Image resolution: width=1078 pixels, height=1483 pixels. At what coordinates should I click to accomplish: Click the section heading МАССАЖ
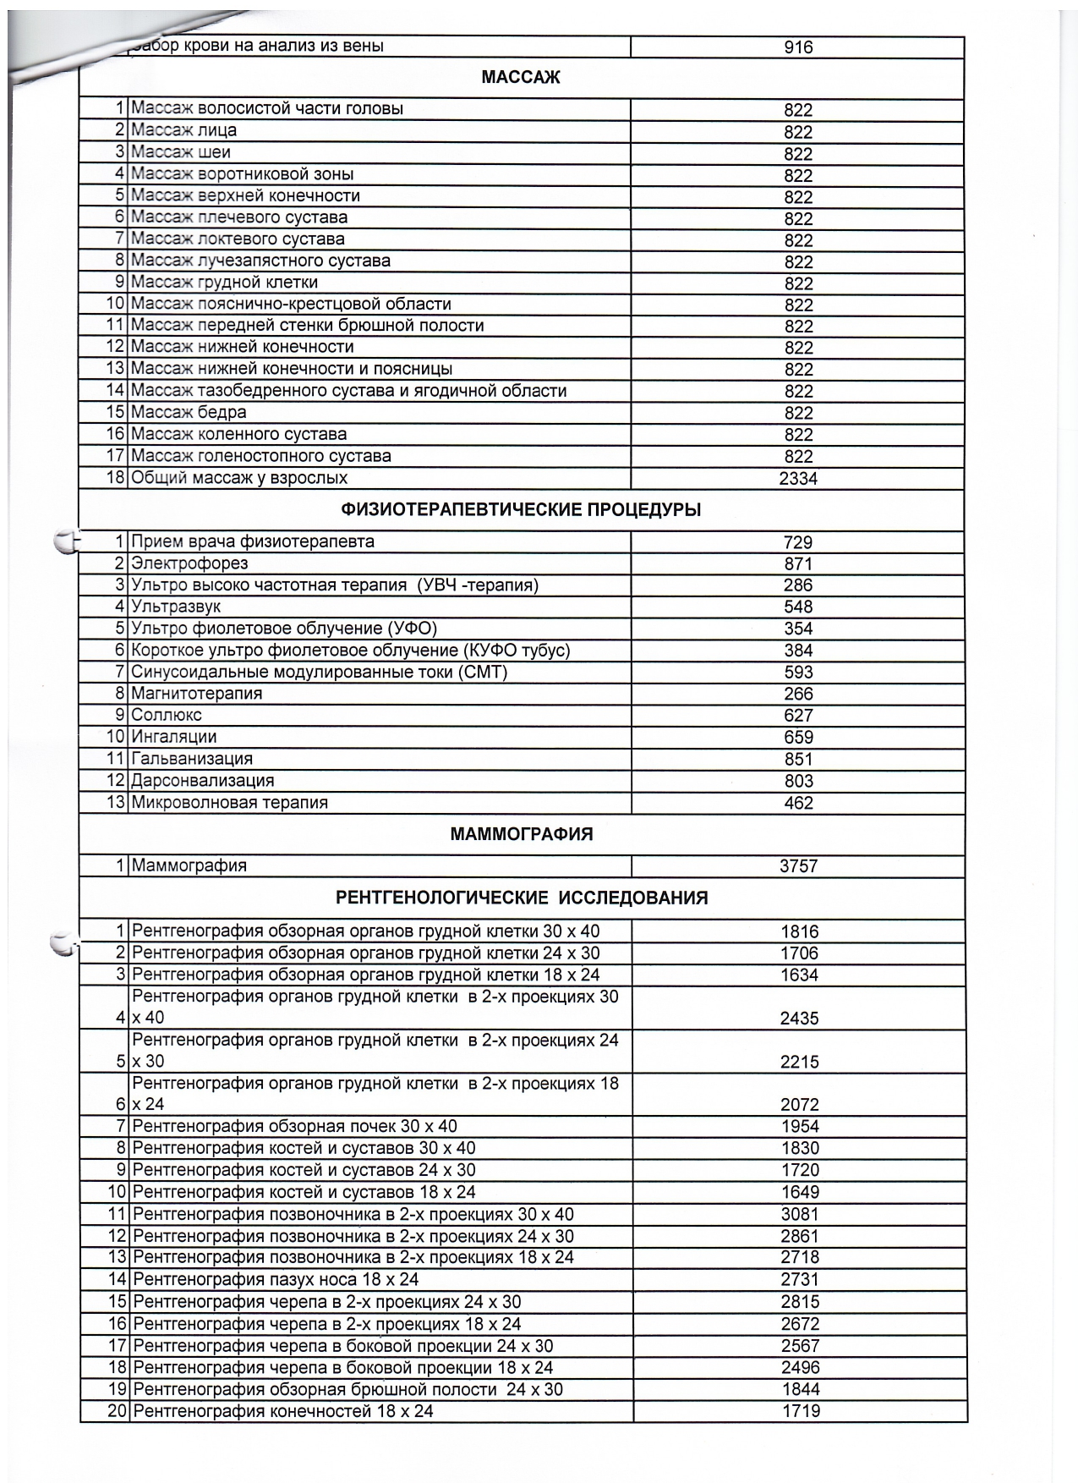(x=521, y=78)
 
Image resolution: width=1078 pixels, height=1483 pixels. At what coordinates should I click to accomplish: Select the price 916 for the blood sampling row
(x=798, y=47)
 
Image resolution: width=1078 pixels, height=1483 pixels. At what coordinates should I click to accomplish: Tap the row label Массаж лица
(x=183, y=130)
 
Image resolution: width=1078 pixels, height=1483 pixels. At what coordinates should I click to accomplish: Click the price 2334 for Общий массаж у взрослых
(x=798, y=479)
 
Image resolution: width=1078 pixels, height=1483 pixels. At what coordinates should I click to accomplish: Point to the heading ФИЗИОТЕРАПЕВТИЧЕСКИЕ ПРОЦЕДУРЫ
(x=521, y=510)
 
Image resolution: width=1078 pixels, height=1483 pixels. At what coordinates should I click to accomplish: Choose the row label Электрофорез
(x=189, y=563)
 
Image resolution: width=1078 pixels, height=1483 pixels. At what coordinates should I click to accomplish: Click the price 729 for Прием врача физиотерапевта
(x=798, y=542)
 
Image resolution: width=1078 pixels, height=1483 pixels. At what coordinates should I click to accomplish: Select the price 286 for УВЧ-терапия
(x=798, y=585)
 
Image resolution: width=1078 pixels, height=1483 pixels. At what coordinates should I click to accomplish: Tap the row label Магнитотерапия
(x=196, y=694)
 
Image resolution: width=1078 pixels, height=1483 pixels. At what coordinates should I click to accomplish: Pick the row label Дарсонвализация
(x=202, y=781)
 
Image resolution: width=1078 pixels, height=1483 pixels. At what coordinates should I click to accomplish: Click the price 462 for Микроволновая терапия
(x=798, y=803)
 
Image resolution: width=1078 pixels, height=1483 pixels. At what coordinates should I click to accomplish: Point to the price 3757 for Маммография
(x=798, y=866)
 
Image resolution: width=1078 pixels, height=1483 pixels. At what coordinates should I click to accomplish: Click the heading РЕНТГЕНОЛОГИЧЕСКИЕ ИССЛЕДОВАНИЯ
(x=522, y=898)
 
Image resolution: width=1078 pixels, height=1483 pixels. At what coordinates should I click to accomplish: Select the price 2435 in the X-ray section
(x=799, y=1019)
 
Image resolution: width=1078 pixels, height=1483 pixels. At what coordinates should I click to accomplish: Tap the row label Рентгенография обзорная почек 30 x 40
(x=294, y=1126)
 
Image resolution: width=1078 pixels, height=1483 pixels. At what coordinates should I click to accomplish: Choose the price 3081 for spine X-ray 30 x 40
(x=800, y=1215)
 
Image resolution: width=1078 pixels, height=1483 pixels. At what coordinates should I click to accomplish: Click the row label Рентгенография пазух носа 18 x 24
(x=276, y=1279)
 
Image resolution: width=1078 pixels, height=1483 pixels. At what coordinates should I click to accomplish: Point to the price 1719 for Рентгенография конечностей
(x=800, y=1411)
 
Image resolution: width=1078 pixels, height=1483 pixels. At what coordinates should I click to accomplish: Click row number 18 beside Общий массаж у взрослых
(x=116, y=478)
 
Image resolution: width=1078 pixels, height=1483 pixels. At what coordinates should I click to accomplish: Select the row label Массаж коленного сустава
(x=238, y=434)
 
